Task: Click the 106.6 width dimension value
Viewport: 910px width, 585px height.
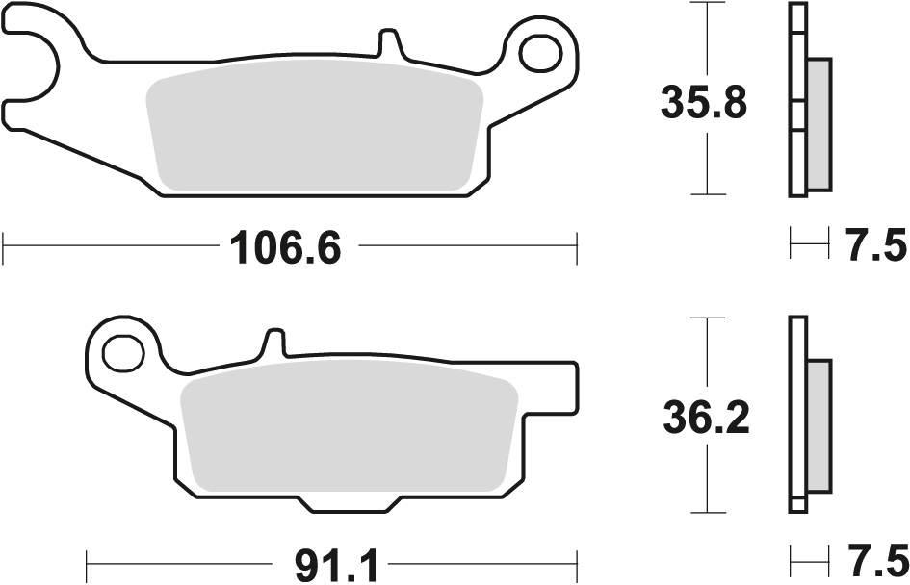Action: [285, 248]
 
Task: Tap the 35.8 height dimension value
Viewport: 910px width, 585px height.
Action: [704, 102]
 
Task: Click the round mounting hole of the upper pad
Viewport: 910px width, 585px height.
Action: [538, 54]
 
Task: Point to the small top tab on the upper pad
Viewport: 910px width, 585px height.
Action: [389, 41]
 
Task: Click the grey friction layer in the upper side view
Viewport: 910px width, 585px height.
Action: [818, 123]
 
